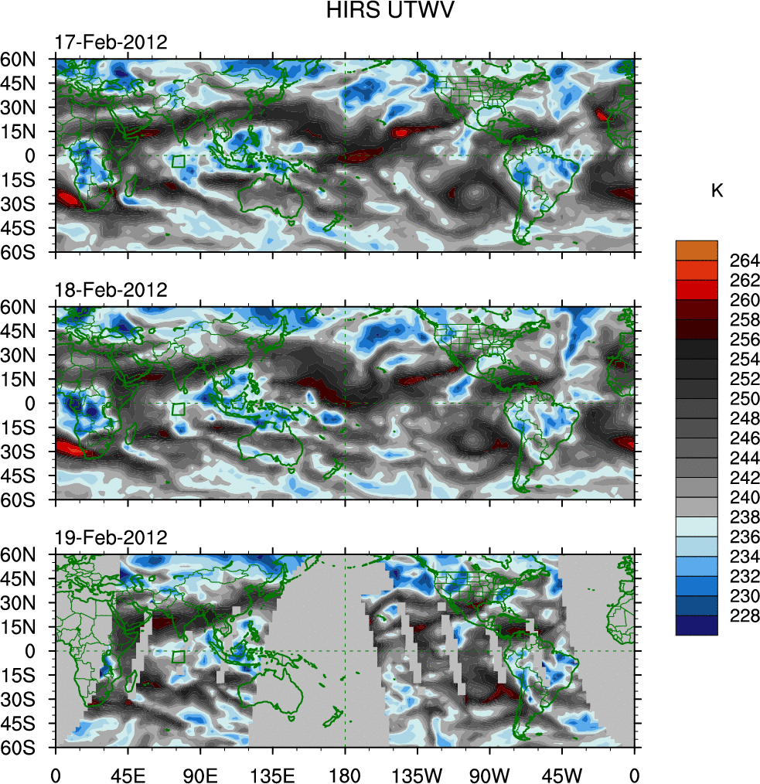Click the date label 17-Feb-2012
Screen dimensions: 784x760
[111, 42]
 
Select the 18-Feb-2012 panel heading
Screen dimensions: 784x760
[111, 291]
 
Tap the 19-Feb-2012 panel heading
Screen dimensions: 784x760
[111, 538]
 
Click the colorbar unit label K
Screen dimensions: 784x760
[717, 191]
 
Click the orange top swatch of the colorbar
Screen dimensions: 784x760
[696, 250]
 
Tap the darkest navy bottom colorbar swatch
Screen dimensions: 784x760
[696, 625]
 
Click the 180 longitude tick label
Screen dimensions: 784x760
[345, 773]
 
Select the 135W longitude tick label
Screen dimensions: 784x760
[417, 773]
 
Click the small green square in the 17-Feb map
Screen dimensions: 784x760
[179, 162]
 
